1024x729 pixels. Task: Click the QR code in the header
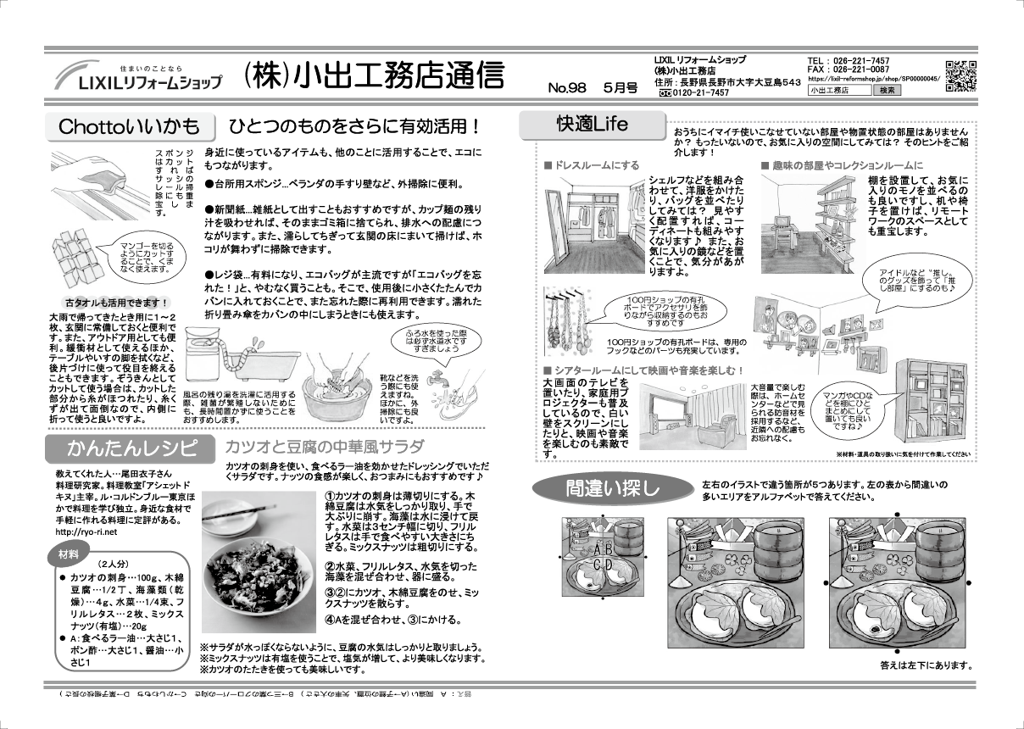(960, 76)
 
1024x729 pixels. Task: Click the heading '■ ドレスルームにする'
(592, 165)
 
